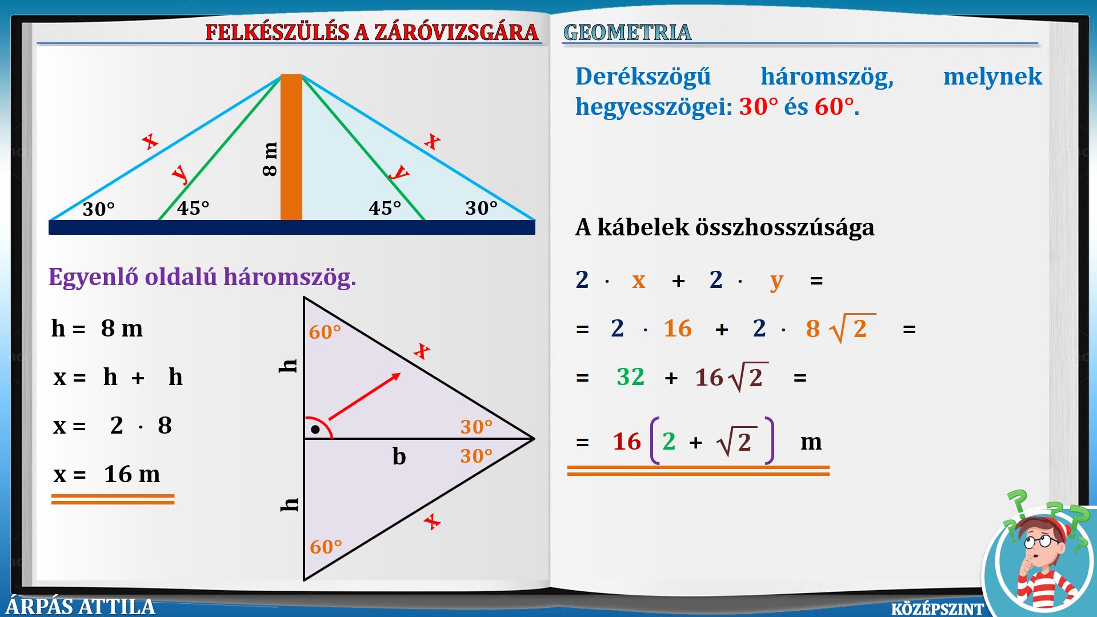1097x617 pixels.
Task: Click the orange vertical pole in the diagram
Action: pyautogui.click(x=291, y=147)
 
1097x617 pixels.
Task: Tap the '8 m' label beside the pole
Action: pyautogui.click(x=270, y=159)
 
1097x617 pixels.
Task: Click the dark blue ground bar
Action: pyautogui.click(x=292, y=227)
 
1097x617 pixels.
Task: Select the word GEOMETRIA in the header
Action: pyautogui.click(x=627, y=32)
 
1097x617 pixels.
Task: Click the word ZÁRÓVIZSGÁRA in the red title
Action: pyautogui.click(x=457, y=32)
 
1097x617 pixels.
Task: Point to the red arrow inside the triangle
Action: pyautogui.click(x=365, y=396)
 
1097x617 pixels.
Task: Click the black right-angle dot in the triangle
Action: pyautogui.click(x=315, y=429)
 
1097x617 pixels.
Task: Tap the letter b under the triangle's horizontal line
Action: pyautogui.click(x=399, y=456)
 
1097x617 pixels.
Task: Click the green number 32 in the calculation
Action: pyautogui.click(x=631, y=377)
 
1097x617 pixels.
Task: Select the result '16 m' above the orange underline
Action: pyautogui.click(x=132, y=474)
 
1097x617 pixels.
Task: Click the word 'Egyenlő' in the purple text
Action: pyautogui.click(x=93, y=277)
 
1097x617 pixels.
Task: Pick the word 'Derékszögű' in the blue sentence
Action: pyautogui.click(x=643, y=77)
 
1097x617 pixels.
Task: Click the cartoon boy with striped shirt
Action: pyautogui.click(x=1040, y=563)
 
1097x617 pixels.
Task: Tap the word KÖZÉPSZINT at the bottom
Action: pyautogui.click(x=938, y=609)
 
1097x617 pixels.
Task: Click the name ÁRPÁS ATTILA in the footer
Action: pyautogui.click(x=81, y=606)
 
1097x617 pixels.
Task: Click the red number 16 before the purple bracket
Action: pyautogui.click(x=627, y=442)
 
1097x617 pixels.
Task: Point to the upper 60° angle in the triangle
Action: pyautogui.click(x=325, y=332)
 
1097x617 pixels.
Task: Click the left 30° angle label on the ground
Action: pyautogui.click(x=99, y=209)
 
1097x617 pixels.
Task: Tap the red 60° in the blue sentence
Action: pyautogui.click(x=834, y=107)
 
